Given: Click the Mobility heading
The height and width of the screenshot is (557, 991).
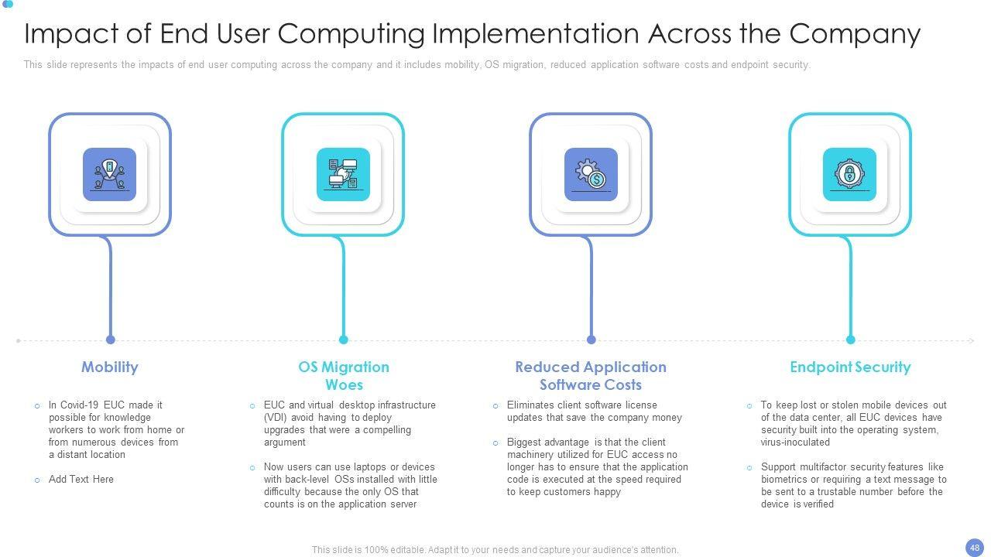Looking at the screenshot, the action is tap(110, 367).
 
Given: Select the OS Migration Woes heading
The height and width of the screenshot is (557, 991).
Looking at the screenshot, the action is tap(344, 375).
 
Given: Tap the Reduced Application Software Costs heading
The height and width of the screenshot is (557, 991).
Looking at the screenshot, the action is tap(591, 375).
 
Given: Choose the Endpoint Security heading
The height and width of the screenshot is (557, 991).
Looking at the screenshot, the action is tap(850, 367).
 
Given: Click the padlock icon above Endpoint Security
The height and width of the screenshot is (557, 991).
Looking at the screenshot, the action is tap(849, 174).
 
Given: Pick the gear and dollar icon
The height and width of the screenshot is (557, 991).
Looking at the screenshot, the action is tap(591, 174).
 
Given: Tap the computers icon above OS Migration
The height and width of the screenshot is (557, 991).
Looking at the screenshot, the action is tap(343, 174).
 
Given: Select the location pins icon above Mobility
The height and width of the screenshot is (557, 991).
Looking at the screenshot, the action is tap(109, 174).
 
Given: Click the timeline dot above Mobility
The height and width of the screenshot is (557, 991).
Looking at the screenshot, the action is tap(111, 340).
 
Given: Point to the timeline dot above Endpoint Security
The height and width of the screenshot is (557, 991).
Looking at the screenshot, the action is tap(850, 340).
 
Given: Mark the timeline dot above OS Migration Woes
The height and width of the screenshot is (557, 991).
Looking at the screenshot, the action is tap(344, 340).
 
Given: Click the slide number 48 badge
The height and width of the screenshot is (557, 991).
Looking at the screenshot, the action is tap(975, 547).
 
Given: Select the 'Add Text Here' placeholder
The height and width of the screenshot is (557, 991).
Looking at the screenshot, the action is tap(81, 480).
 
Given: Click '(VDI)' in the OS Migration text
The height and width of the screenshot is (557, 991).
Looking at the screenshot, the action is tap(276, 418).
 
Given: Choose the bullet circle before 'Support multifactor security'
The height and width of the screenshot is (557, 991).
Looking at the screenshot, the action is tap(749, 468).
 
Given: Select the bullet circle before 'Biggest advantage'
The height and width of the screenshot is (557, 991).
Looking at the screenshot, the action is tap(495, 443).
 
